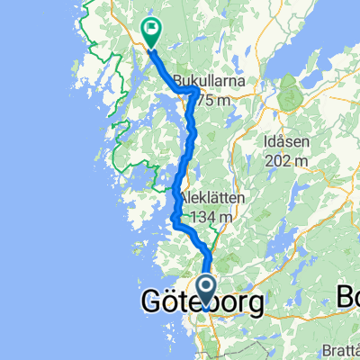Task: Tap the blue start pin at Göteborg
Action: coord(207,292)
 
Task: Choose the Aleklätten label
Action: coord(214,198)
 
